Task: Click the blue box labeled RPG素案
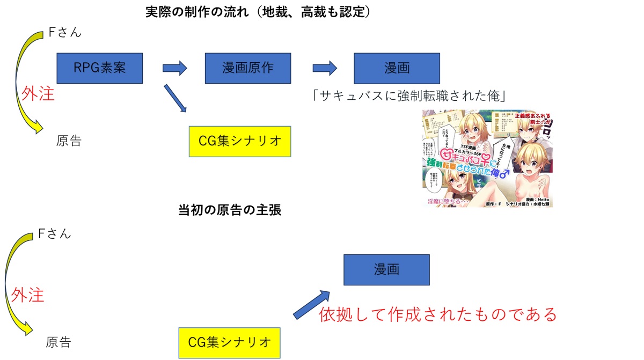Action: coord(99,68)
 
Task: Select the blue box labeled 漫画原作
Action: coord(247,68)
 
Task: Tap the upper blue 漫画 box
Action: coord(397,68)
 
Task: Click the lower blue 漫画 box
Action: coord(386,270)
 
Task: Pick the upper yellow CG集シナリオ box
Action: coord(239,142)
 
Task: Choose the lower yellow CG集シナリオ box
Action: coord(229,342)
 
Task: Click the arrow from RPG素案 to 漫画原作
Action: coord(174,68)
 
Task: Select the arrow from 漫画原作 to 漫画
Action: coord(324,68)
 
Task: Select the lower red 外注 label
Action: coord(27,295)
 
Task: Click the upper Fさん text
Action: coord(65,33)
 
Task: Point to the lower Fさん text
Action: coord(54,234)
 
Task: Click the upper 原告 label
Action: coord(69,142)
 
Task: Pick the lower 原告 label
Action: coord(58,343)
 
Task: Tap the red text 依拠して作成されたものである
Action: coord(437,313)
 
